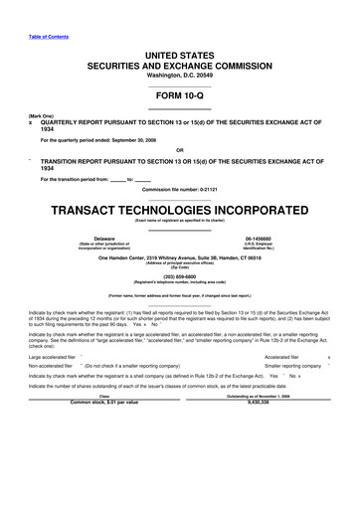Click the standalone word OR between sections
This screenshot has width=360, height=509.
click(179, 153)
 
